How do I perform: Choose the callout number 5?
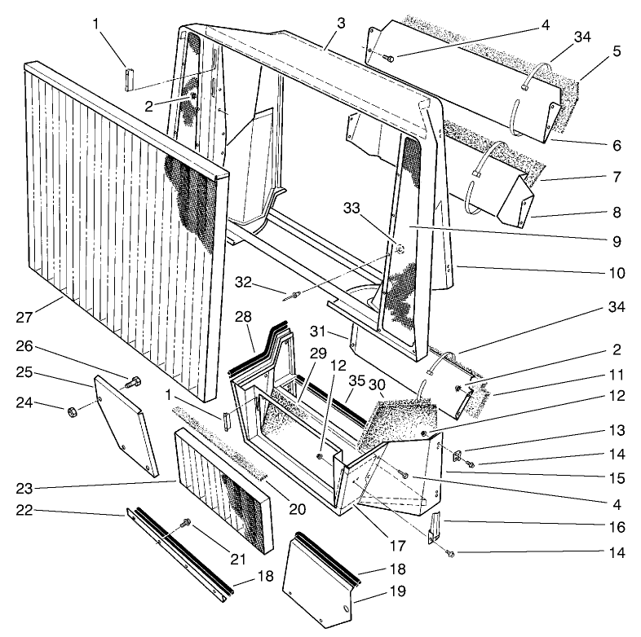coord(617,51)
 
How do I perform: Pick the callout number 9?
coord(617,241)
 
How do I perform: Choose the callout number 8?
coord(617,212)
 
